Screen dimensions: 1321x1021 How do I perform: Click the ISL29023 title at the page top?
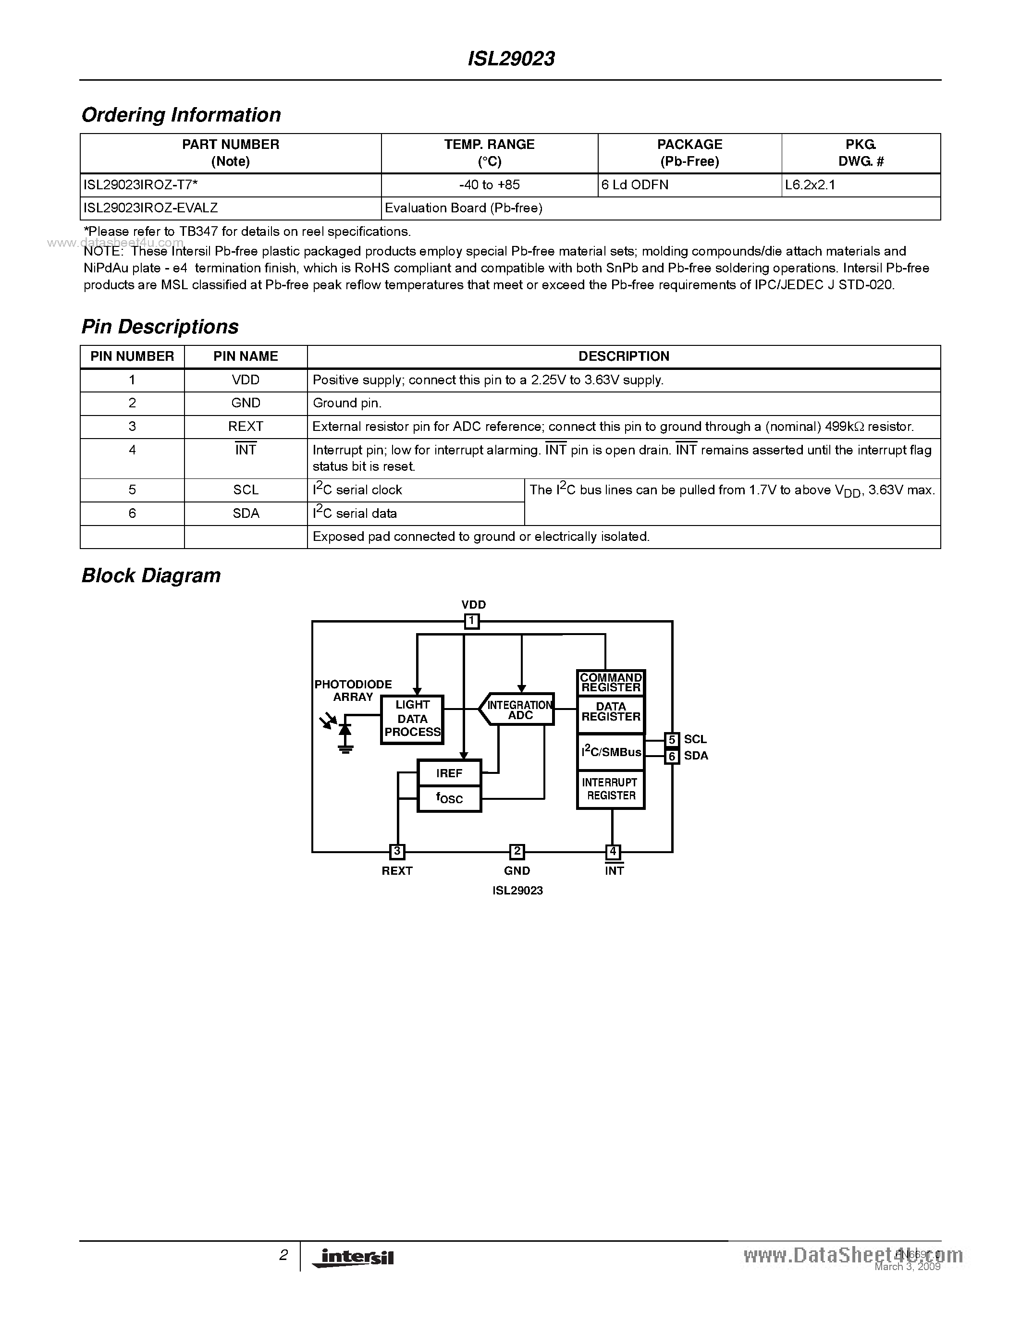511,59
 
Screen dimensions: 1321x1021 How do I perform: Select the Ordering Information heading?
181,115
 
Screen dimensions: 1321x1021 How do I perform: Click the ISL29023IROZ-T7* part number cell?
140,185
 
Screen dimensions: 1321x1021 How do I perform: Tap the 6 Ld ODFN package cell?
635,185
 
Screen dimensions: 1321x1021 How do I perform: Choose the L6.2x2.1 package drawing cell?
810,185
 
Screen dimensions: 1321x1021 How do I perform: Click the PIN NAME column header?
246,357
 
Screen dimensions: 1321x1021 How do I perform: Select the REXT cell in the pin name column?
246,427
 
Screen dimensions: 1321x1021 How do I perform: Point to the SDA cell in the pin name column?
246,514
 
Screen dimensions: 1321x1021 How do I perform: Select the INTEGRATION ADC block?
518,709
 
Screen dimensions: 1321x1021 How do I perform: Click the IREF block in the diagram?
449,773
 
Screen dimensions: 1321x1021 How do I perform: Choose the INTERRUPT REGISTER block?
611,789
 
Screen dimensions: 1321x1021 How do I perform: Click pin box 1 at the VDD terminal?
472,621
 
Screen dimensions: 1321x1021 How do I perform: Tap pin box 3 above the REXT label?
397,852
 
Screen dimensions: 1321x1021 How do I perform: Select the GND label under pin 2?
517,871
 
